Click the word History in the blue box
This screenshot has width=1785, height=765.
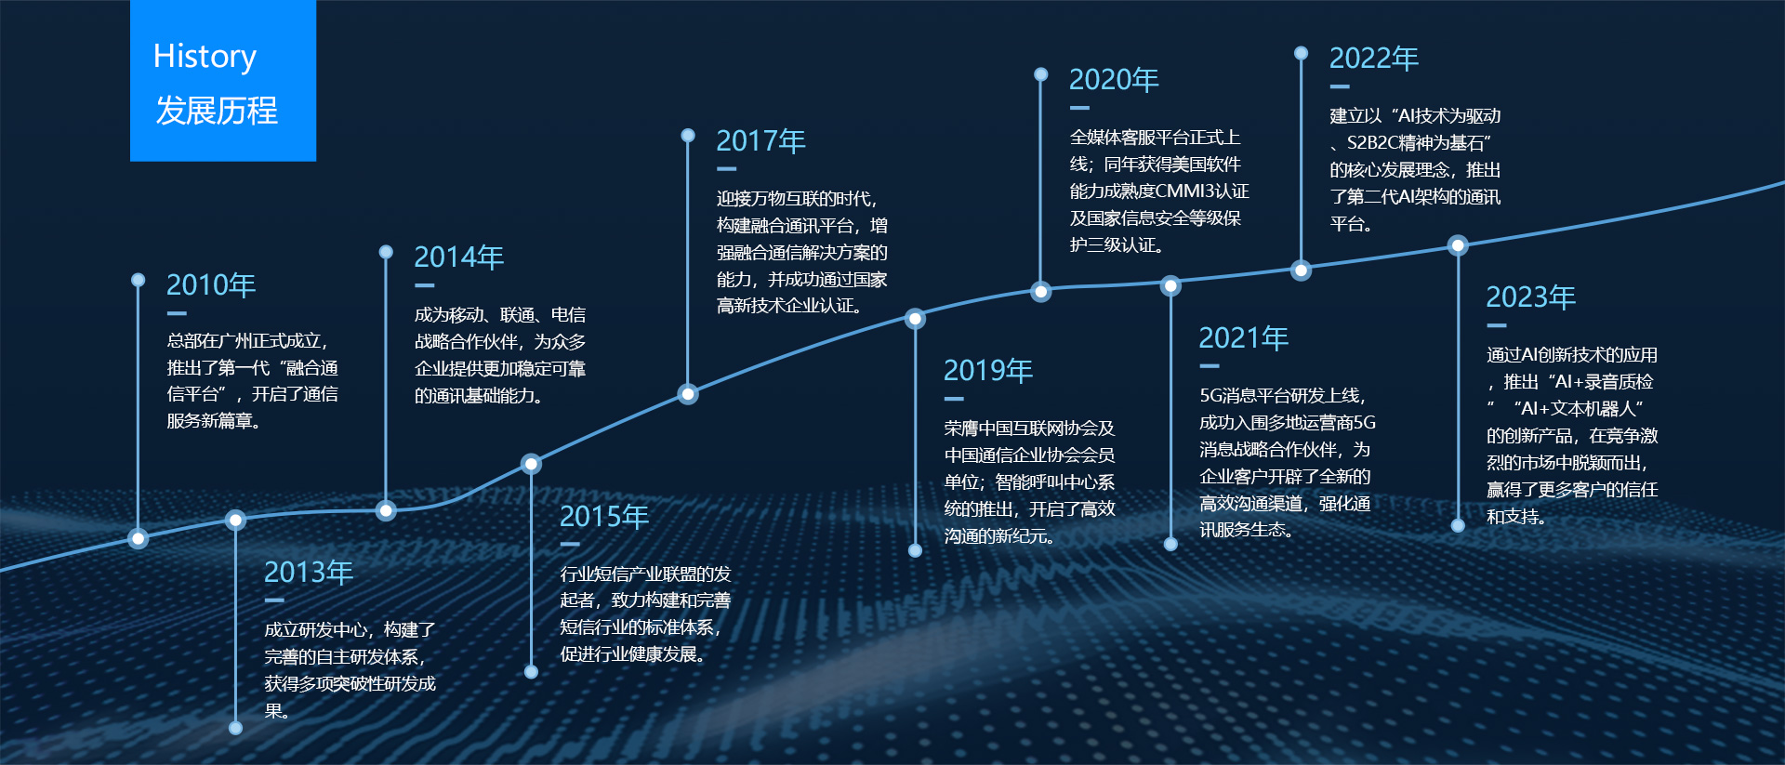coord(205,57)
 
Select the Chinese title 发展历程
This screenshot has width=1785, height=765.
coord(217,111)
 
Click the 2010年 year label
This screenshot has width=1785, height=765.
coord(211,284)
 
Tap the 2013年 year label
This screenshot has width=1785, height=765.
coord(309,572)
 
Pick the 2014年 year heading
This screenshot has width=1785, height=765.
coord(459,257)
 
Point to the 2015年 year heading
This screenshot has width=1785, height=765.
coord(604,516)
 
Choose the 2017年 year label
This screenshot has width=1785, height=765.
coord(760,140)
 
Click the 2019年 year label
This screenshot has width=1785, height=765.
coord(988,370)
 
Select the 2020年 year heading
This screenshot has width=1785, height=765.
coord(1114,79)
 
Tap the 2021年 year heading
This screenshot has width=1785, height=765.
coord(1244,337)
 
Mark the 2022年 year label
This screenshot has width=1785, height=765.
coord(1374,58)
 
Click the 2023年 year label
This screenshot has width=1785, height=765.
coord(1531,297)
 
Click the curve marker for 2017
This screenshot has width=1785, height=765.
coord(688,394)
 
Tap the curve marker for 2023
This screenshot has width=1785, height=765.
coord(1458,245)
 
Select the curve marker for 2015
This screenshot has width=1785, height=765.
coord(531,464)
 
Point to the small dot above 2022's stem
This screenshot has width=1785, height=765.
coord(1302,53)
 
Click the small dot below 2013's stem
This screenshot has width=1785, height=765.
coord(235,728)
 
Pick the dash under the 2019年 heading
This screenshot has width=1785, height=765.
coord(954,399)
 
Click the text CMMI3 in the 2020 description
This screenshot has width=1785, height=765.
coord(1185,191)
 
